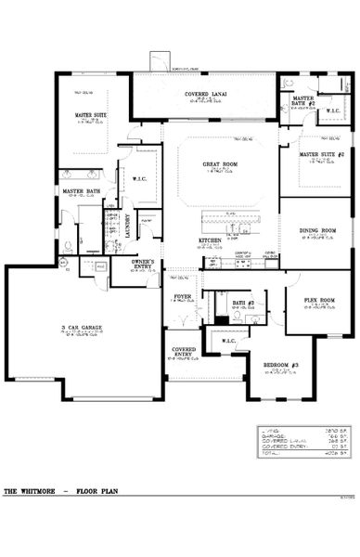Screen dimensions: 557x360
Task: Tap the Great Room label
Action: click(x=223, y=165)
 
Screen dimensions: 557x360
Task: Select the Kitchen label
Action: click(x=210, y=240)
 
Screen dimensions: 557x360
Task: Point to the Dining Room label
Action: click(x=316, y=230)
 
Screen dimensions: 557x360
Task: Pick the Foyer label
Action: click(x=182, y=297)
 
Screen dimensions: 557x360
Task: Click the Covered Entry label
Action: click(x=183, y=353)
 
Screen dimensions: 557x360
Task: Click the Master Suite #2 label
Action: click(x=320, y=155)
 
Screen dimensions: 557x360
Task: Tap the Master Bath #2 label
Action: click(x=303, y=100)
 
